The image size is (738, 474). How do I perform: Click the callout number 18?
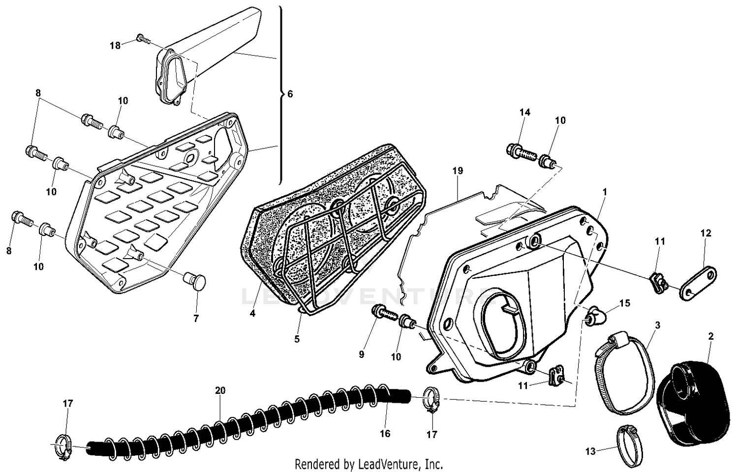[x=115, y=46]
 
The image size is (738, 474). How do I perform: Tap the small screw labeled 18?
[x=142, y=38]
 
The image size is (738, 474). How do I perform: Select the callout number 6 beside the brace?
[x=290, y=93]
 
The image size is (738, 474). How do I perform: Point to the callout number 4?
[x=252, y=313]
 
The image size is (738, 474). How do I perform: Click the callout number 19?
[x=458, y=171]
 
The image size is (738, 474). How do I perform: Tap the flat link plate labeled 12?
[x=698, y=282]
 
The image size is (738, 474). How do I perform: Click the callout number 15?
[x=624, y=303]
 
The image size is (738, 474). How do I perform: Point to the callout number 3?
[x=658, y=326]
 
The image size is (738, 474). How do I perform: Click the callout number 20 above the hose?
[x=220, y=390]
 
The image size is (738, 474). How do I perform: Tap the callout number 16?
[x=385, y=433]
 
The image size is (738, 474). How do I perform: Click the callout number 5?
[x=297, y=339]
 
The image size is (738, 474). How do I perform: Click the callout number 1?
[x=605, y=191]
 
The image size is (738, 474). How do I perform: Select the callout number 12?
[x=706, y=233]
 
